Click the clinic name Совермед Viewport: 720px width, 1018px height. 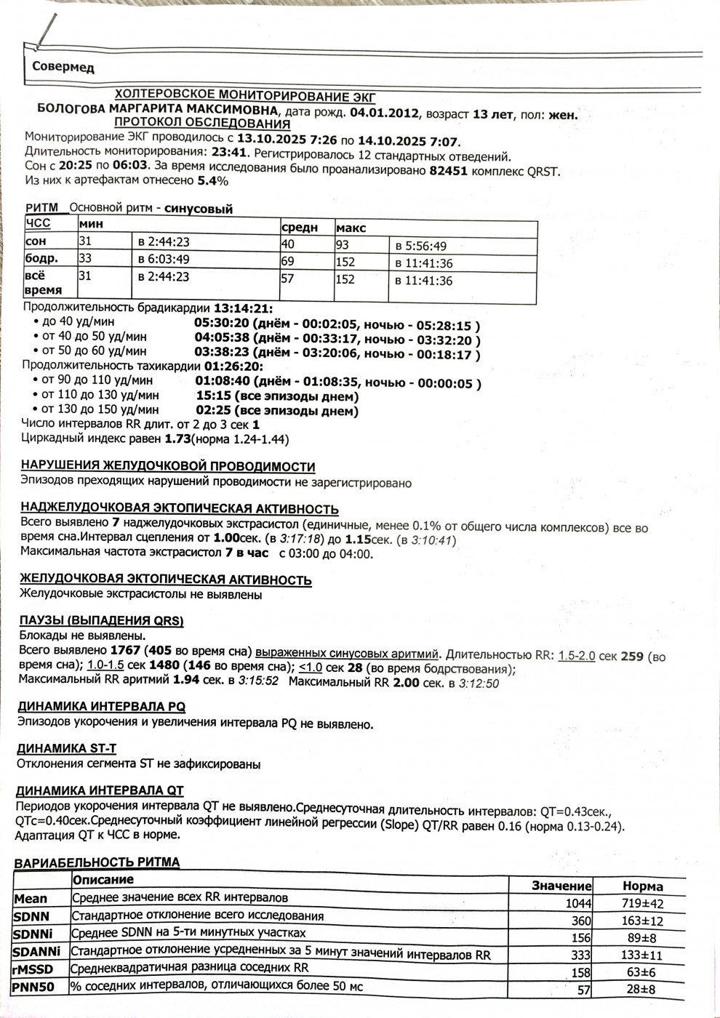pos(63,68)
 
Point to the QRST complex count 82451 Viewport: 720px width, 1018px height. pos(449,171)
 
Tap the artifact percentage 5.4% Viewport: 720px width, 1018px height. pos(213,181)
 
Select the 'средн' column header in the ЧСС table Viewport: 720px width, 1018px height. pos(299,228)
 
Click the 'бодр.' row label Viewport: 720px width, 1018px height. pos(42,258)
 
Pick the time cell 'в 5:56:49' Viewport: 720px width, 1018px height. pos(421,246)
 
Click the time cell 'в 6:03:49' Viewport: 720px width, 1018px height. pos(164,259)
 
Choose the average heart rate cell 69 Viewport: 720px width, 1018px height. pos(288,260)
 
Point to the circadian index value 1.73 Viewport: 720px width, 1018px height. pos(177,439)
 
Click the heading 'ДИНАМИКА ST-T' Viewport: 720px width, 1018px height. pos(66,748)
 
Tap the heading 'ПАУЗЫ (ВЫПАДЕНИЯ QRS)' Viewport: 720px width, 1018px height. pos(101,621)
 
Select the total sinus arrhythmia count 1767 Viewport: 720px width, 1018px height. pos(125,650)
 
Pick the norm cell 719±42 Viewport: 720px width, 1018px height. pos(643,904)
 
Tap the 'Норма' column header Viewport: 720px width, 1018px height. pos(643,886)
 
